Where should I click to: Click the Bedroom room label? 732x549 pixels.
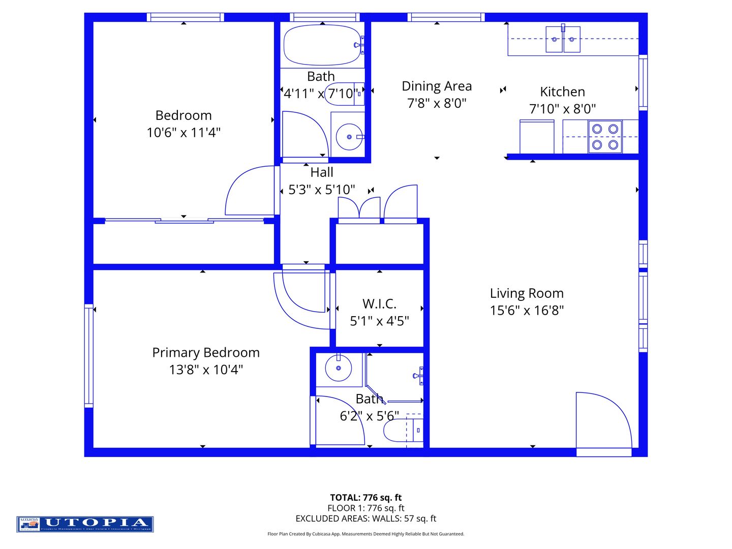click(x=184, y=115)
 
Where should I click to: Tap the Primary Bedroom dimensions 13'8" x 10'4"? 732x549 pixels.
click(x=206, y=370)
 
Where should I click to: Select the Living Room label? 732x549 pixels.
click(x=527, y=293)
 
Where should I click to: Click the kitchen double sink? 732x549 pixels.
click(x=563, y=39)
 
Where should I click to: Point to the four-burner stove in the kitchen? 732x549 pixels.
click(x=605, y=137)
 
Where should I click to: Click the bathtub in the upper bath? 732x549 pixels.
click(x=321, y=45)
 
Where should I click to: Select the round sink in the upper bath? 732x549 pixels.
click(x=349, y=137)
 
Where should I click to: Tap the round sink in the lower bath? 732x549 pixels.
click(x=338, y=368)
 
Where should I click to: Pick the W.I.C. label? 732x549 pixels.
click(x=379, y=304)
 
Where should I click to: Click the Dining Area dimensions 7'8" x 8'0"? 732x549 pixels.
click(x=437, y=103)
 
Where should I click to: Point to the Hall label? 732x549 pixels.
click(x=322, y=172)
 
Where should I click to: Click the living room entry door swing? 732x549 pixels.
click(x=602, y=421)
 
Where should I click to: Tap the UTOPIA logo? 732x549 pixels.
click(x=85, y=524)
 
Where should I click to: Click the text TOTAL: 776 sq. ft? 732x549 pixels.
click(x=365, y=498)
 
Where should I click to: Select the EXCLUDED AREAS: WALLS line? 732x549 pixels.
click(x=365, y=518)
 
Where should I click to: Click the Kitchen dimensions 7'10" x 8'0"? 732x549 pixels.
click(x=562, y=109)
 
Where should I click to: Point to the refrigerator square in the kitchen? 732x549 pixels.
click(x=537, y=136)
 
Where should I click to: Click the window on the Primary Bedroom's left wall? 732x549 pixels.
click(x=89, y=356)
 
